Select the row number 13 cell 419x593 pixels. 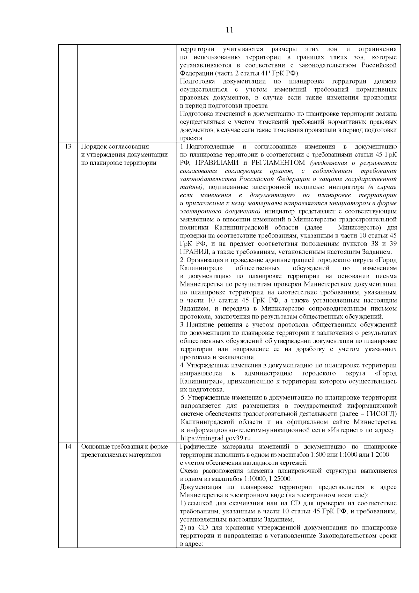[x=68, y=147]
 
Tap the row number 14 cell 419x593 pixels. [x=68, y=446]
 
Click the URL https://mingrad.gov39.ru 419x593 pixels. [x=216, y=438]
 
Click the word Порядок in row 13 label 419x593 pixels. [x=93, y=147]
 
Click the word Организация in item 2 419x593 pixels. [x=204, y=260]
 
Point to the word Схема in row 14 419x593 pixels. [x=189, y=471]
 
